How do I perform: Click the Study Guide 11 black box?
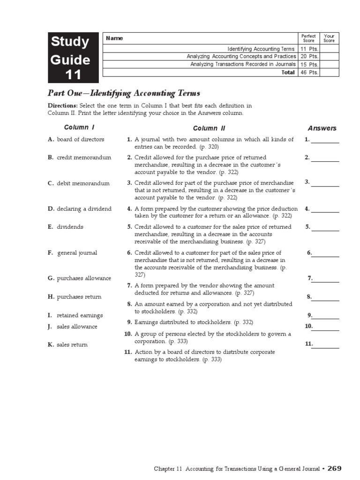coord(73,58)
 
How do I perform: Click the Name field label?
coord(114,38)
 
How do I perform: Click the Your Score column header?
coord(329,38)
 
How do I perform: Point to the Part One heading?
coord(124,93)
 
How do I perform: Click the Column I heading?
coord(79,127)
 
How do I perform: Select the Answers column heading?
coord(322,128)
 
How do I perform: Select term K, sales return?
coord(72,345)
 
